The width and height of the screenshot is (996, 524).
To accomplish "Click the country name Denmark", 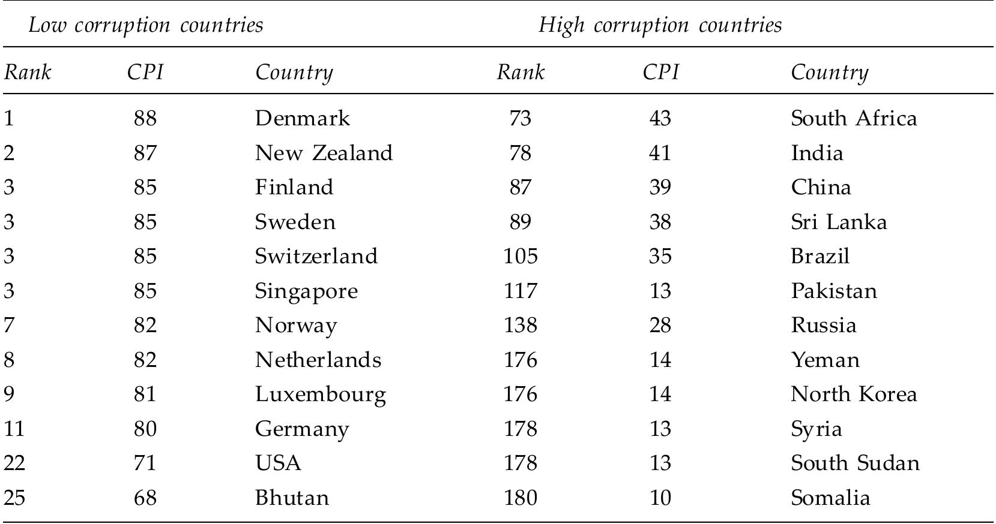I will [302, 118].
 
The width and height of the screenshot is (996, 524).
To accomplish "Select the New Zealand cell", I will [324, 153].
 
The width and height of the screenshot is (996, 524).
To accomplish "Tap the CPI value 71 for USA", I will [145, 463].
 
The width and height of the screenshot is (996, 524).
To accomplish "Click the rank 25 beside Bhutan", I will [14, 498].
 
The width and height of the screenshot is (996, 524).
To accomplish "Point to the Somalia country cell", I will [830, 498].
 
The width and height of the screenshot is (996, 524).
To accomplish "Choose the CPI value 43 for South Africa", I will [660, 118].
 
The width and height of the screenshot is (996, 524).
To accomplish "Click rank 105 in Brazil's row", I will [520, 257].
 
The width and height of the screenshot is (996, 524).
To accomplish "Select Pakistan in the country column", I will [834, 291].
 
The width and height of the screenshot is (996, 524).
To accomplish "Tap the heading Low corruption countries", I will [146, 25].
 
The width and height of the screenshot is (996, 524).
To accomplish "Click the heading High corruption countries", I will [660, 25].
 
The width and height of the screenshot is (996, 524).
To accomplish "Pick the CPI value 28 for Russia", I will [660, 326].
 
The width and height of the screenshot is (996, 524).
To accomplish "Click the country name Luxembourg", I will [320, 394].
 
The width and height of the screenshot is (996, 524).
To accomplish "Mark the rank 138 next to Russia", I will [520, 326].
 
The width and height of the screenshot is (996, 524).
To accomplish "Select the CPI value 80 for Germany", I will [145, 429].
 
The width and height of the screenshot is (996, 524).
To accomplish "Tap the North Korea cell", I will [854, 394].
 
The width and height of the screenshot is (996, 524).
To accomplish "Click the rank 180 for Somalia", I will [520, 498].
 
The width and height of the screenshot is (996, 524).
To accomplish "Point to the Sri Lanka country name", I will [839, 222].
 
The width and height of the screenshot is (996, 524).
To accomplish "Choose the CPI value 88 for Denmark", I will [145, 118].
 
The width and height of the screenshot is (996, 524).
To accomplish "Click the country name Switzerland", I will [316, 257].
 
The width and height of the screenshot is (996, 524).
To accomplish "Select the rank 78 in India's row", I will [520, 153].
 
